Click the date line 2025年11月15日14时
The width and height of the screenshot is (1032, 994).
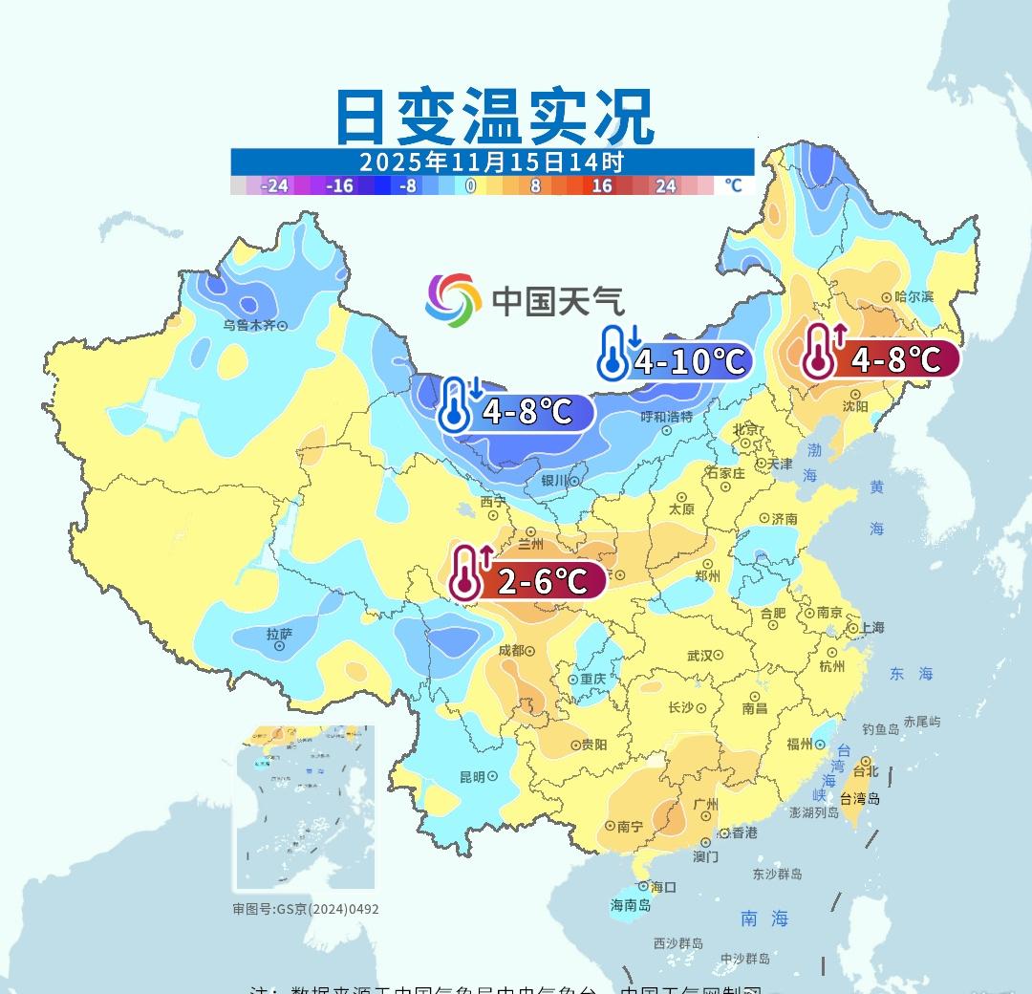coord(492,161)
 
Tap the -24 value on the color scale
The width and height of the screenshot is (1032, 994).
coord(274,185)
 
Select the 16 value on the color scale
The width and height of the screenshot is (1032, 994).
coord(601,185)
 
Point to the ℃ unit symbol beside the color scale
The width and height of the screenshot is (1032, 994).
coord(733,185)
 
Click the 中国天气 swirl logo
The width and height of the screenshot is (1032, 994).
coord(453,299)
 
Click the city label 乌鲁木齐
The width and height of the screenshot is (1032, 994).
coord(249,325)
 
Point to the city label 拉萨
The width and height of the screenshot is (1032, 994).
coord(279,634)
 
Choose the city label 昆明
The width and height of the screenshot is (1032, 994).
coord(472,777)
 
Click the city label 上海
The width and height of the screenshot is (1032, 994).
coord(871,628)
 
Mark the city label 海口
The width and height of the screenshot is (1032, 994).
coord(663,887)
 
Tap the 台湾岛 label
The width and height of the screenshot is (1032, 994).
coord(860,799)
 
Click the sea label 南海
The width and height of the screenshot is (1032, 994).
coord(764,918)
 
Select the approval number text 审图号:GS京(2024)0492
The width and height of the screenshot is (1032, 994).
coord(306,909)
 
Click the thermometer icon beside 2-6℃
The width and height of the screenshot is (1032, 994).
coord(466,573)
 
